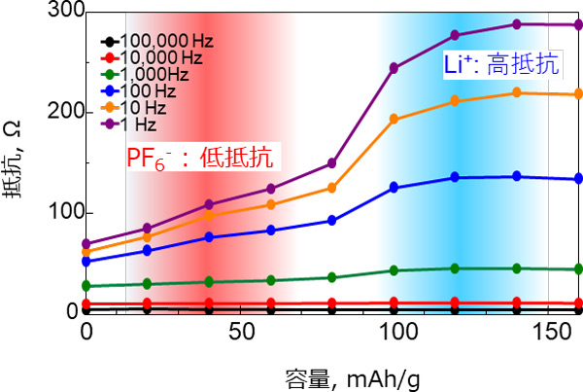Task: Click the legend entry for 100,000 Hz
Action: coord(155,43)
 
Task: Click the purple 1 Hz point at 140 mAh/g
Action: coord(517,24)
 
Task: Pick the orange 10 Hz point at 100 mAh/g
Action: coord(394,120)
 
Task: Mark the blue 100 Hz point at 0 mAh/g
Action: coord(86,262)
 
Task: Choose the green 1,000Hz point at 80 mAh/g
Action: coord(332,277)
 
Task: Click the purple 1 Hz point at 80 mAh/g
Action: coord(332,163)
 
